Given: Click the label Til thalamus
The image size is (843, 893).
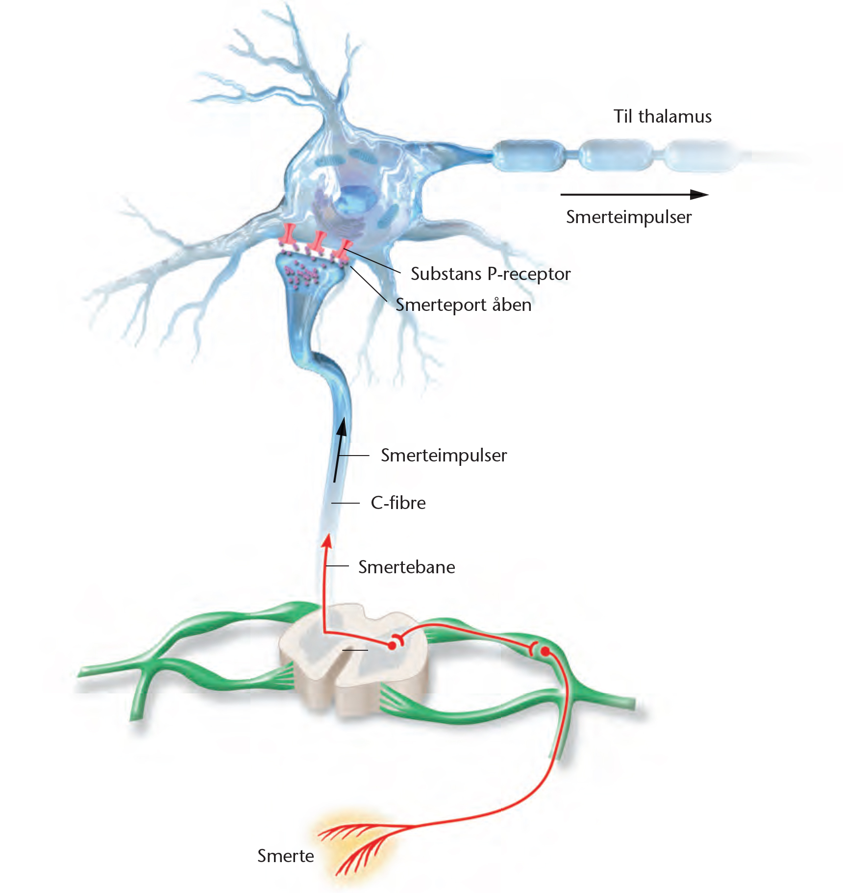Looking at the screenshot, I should [x=662, y=117].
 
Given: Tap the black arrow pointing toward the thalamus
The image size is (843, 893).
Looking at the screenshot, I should [x=634, y=194].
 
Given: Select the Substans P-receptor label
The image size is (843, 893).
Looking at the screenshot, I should [x=491, y=274].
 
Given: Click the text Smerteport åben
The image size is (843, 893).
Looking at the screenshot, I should [x=463, y=305].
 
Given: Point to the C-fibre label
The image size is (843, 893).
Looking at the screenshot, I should [x=398, y=503].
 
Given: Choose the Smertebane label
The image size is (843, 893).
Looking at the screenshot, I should [x=406, y=567].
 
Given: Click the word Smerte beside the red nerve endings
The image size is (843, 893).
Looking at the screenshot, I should [x=285, y=856].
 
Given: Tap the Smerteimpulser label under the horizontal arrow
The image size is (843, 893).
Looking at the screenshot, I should [x=628, y=217].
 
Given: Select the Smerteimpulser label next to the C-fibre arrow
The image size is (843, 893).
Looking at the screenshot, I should [x=444, y=456].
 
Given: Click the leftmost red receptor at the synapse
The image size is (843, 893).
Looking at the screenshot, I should [x=287, y=235].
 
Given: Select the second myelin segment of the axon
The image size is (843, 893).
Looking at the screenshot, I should [x=616, y=155].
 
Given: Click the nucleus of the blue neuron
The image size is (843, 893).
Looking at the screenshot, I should [x=356, y=201].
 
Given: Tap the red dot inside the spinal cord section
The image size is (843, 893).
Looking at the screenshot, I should [x=392, y=646].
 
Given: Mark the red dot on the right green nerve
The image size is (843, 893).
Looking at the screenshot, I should [x=545, y=651].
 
